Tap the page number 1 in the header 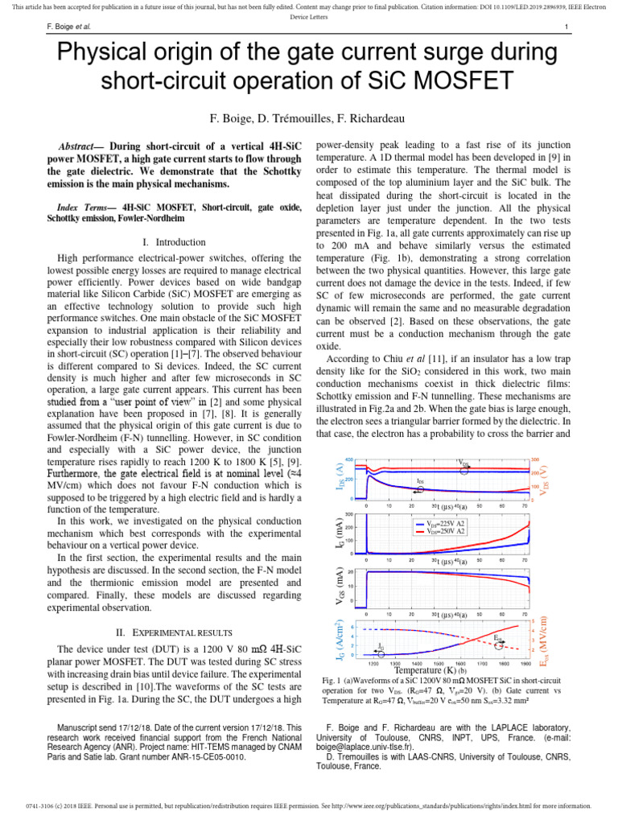(567, 27)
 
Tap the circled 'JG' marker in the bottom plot (381, 646)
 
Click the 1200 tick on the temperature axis (374, 665)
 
